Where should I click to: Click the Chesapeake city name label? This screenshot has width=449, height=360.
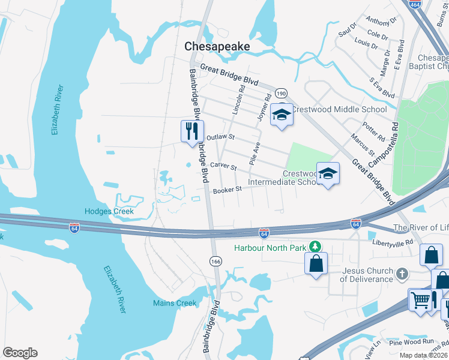tap(217, 46)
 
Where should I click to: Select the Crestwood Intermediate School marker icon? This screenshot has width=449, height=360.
tap(328, 173)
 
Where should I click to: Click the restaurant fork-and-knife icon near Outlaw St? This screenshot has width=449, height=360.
tap(191, 130)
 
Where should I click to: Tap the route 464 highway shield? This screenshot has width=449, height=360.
tap(414, 4)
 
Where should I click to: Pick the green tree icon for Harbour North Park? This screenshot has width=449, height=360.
tap(313, 247)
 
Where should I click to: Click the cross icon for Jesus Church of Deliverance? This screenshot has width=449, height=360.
tap(402, 274)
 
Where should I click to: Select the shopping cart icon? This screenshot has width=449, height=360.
tap(420, 299)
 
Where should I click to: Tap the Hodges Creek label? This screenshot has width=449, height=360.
tap(109, 211)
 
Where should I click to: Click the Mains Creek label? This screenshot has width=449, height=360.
tap(175, 303)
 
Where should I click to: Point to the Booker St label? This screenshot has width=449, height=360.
tap(227, 190)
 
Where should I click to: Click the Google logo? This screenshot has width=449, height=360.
tap(20, 353)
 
